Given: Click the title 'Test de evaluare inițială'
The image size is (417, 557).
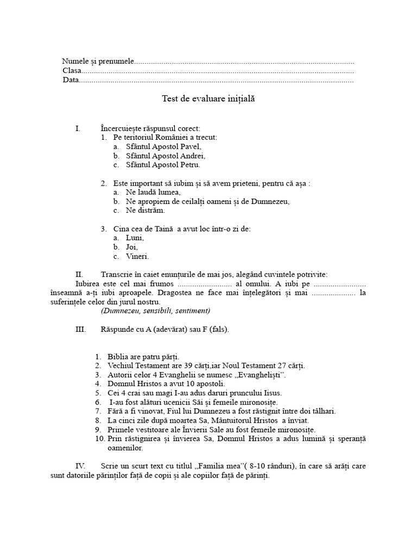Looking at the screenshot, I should pos(208,99).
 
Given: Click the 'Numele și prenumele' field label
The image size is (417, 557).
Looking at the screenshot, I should pos(98,61).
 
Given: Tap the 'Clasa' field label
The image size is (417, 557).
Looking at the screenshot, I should pos(72,71).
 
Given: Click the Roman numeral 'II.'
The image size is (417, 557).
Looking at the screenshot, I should pos(79,274).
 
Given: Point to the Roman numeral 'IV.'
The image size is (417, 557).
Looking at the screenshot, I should pos(80,466).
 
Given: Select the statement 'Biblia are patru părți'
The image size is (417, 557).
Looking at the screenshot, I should pos(143,357).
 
